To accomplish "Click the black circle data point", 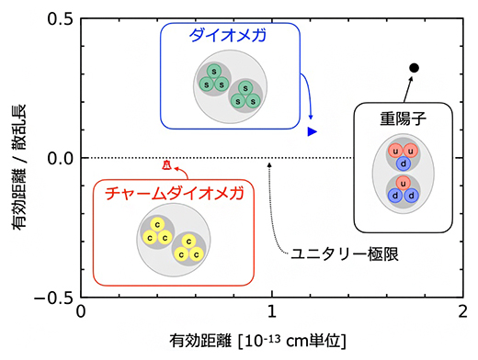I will [415, 68].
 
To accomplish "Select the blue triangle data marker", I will [313, 132].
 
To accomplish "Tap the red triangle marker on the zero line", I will [166, 164].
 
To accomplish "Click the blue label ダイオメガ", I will [229, 36].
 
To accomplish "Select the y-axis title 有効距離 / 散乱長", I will [19, 159].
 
